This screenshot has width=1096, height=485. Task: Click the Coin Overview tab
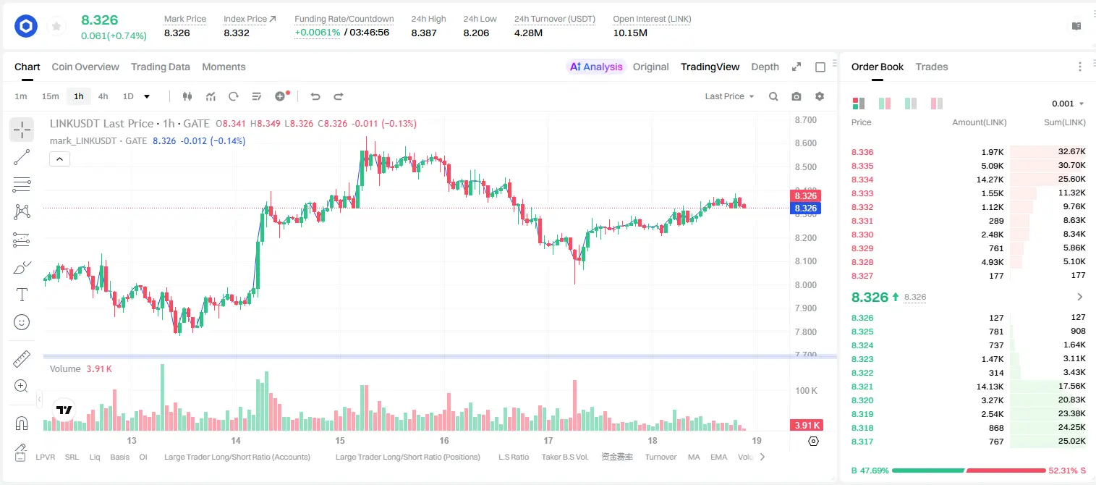85,67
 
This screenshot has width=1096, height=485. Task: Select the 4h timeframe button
103,96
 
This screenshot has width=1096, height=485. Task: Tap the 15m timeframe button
50,96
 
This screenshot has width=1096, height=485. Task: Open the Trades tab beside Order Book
932,67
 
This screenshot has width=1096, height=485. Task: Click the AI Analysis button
596,67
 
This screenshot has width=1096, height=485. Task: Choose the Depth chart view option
765,67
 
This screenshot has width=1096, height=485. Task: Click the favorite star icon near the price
56,27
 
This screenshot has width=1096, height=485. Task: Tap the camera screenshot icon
796,96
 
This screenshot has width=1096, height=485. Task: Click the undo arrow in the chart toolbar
315,96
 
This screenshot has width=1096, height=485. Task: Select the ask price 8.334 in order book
862,180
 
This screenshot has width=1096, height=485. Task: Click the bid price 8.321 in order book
862,387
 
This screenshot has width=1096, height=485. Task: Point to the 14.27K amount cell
990,180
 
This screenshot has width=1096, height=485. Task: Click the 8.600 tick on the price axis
806,143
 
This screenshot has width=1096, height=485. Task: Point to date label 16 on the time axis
443,440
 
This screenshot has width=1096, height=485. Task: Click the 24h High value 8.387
424,33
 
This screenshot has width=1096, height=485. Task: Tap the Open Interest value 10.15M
630,33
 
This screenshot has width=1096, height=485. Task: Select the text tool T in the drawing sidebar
22,295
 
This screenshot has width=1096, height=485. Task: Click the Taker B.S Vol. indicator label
564,457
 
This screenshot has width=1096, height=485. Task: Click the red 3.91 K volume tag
807,426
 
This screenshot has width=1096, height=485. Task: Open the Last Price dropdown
729,96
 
